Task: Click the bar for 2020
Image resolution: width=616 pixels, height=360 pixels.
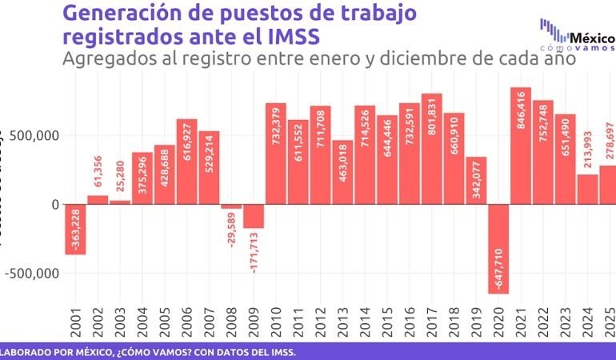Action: coord(499,249)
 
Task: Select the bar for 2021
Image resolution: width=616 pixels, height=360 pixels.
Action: coord(521,146)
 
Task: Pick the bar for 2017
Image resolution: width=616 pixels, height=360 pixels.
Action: coord(432,149)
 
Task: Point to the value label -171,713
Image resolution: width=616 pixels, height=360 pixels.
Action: coord(254,254)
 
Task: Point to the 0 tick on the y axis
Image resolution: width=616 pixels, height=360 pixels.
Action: coord(55,204)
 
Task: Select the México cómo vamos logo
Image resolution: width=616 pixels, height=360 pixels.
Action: coord(578,35)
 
